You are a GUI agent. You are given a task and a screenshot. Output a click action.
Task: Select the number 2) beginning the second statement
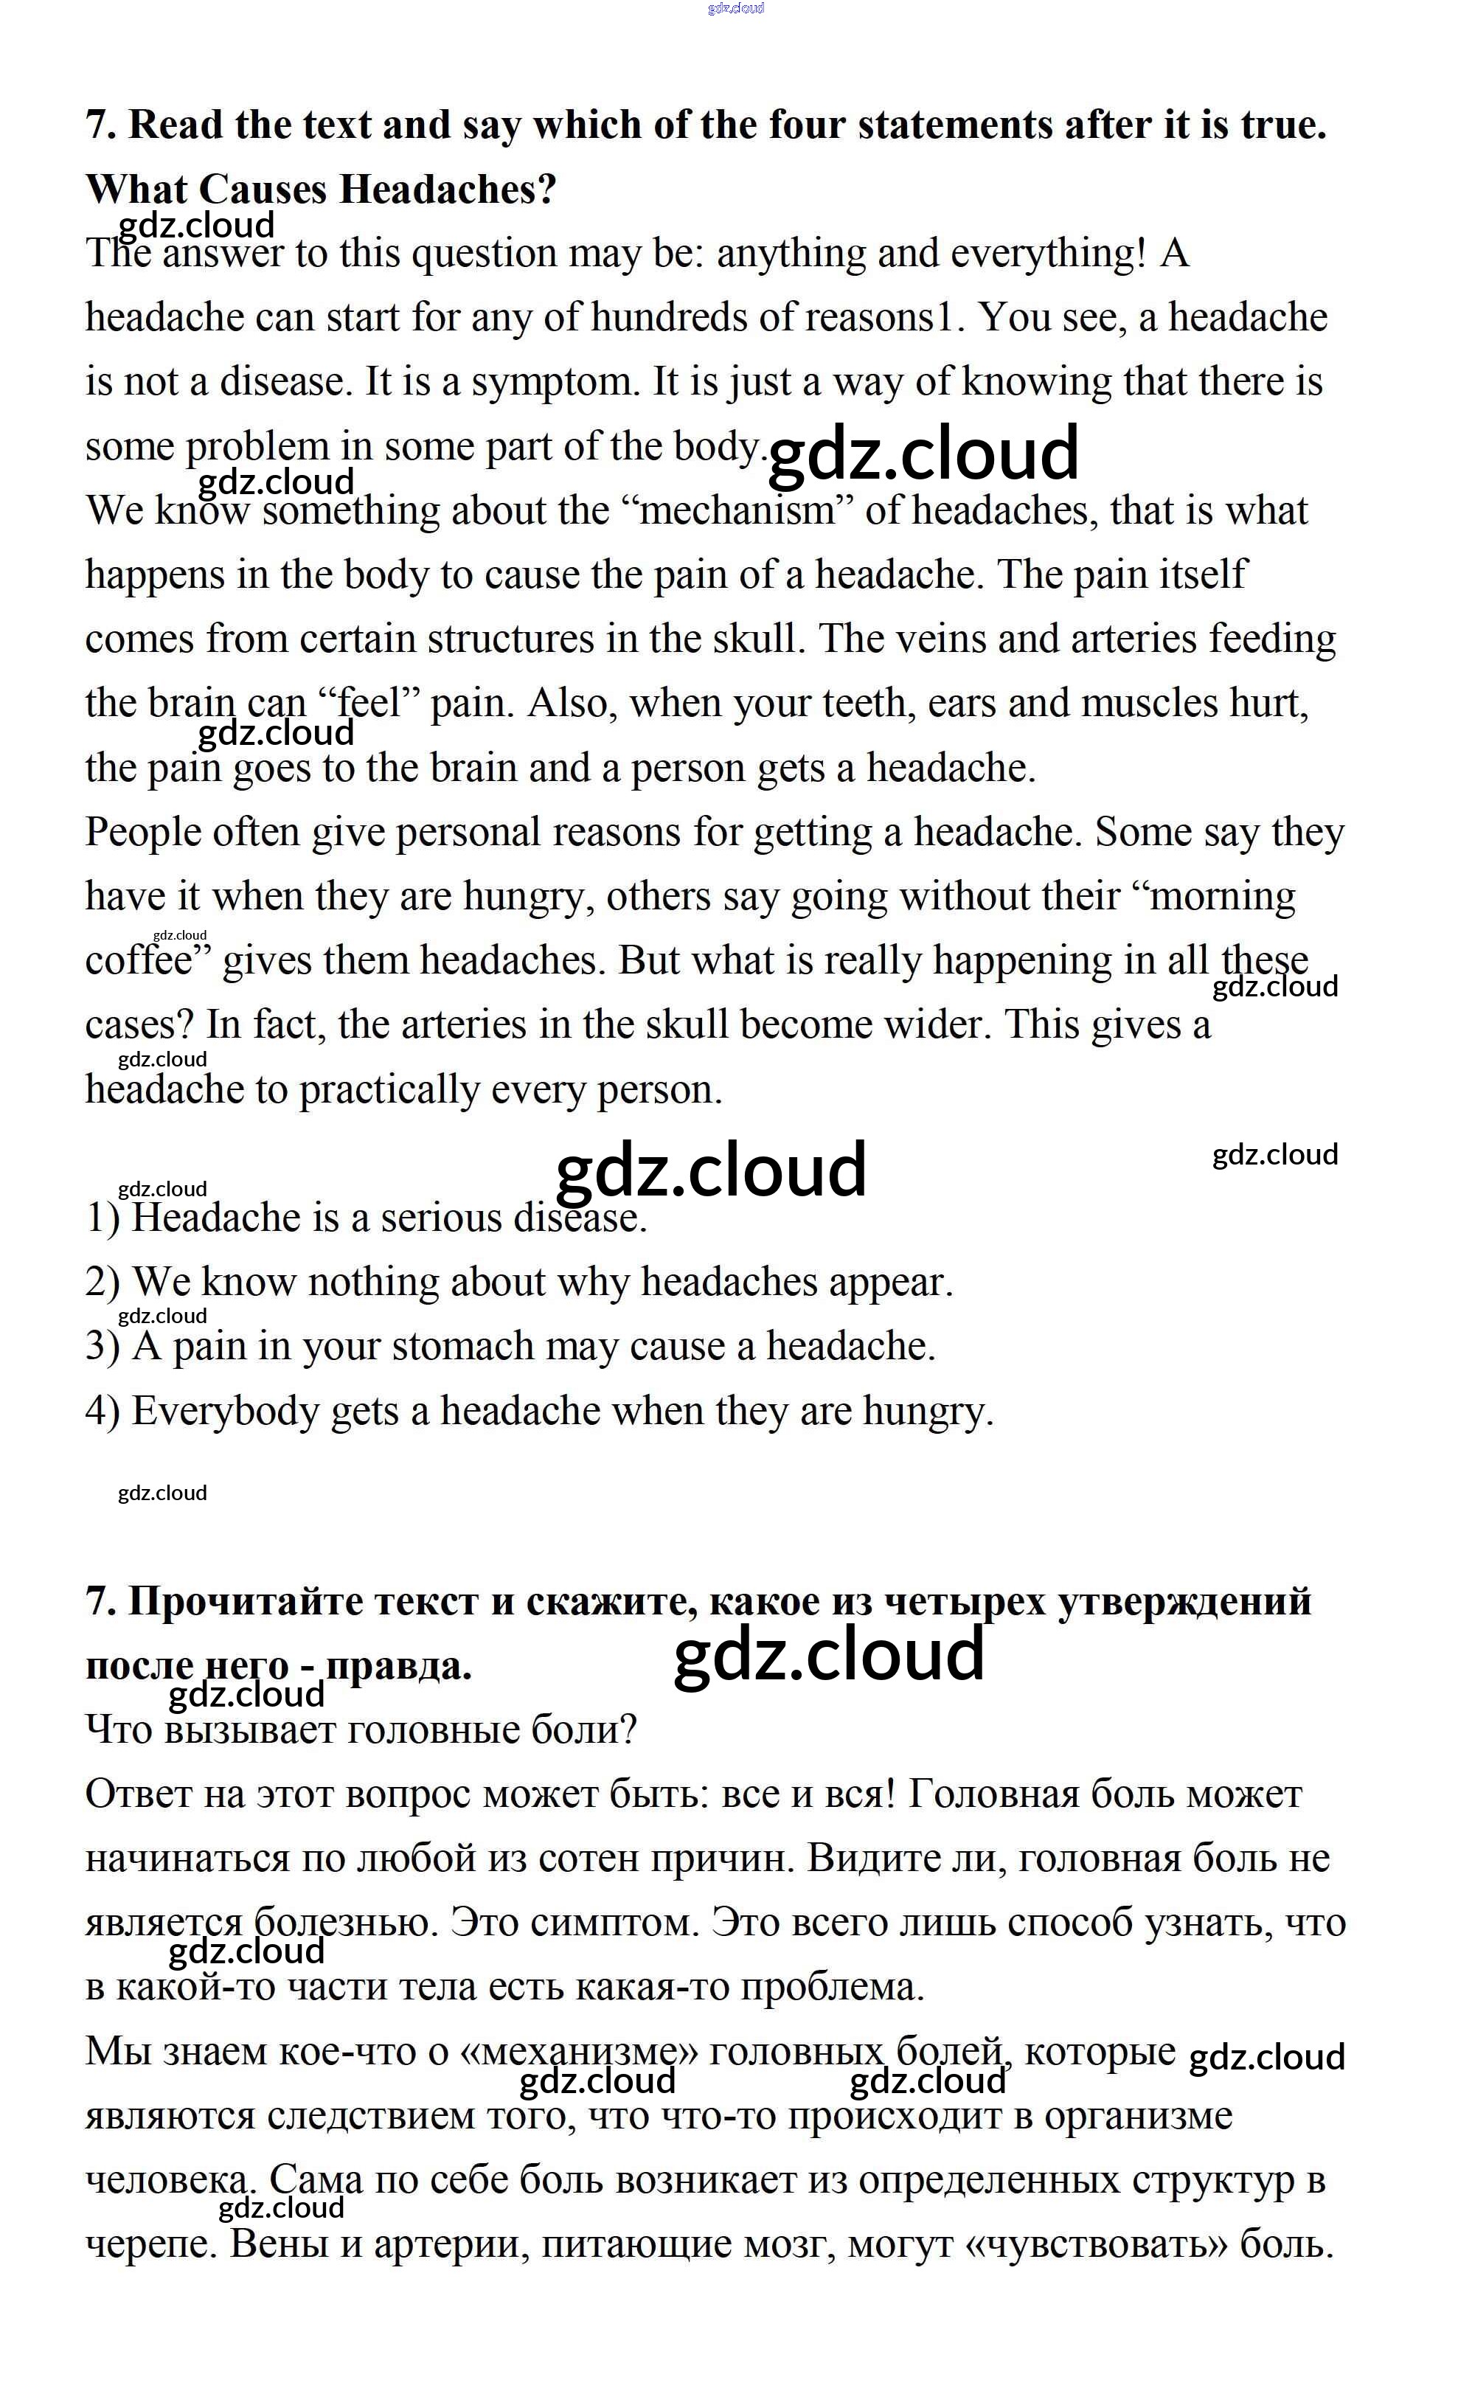(103, 1283)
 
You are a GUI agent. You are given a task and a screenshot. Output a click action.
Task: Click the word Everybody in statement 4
(225, 1412)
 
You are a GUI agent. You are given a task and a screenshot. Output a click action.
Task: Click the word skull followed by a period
(758, 639)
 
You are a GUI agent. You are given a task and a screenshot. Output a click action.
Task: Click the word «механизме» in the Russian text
(578, 2051)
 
